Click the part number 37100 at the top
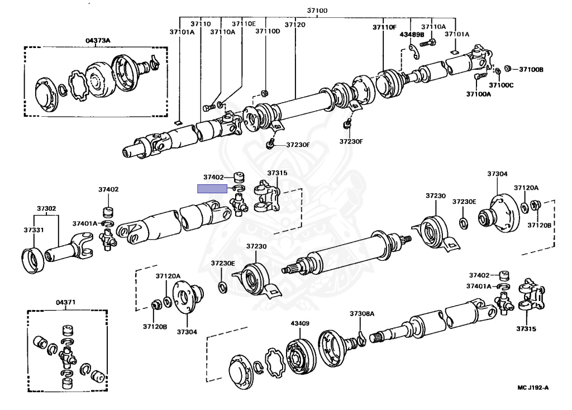pos(318,11)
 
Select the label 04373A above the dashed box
pos(98,40)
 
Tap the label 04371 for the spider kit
pos(65,302)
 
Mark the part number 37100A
pos(479,94)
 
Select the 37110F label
pos(385,27)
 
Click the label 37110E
pos(244,24)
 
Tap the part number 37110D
pos(268,32)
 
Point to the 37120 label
pos(295,25)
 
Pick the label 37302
pos(46,208)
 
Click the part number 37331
pos(34,230)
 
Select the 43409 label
pos(300,322)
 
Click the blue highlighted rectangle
pos(212,189)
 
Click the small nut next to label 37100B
pos(508,69)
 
